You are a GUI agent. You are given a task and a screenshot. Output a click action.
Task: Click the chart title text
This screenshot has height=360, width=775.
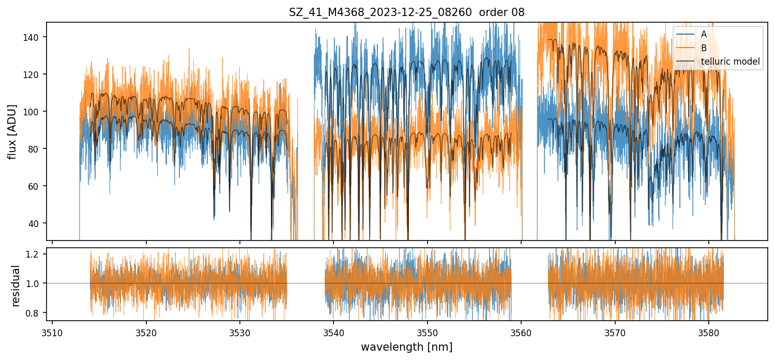tap(406, 12)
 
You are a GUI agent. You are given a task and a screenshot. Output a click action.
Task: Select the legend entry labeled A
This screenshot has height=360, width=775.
tap(704, 34)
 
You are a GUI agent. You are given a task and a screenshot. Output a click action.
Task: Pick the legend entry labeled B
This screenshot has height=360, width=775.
tap(704, 48)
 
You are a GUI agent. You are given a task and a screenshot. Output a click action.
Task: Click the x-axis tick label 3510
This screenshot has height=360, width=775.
tap(52, 332)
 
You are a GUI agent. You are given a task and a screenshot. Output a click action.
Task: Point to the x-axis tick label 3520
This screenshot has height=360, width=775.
tap(146, 332)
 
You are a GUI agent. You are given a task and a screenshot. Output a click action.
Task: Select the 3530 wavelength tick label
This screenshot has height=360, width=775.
tap(240, 332)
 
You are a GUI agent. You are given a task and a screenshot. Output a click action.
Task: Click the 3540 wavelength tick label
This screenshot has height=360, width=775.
tap(333, 332)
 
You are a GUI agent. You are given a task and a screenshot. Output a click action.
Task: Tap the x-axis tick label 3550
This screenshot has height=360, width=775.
tap(428, 332)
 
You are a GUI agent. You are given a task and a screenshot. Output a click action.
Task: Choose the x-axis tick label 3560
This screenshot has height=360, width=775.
tap(521, 332)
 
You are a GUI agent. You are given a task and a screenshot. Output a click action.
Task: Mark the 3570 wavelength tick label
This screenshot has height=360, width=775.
tap(615, 332)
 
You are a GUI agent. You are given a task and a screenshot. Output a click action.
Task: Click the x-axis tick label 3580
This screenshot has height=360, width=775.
tap(709, 332)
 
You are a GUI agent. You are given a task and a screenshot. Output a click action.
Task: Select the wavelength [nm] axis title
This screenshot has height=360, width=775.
tap(406, 347)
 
